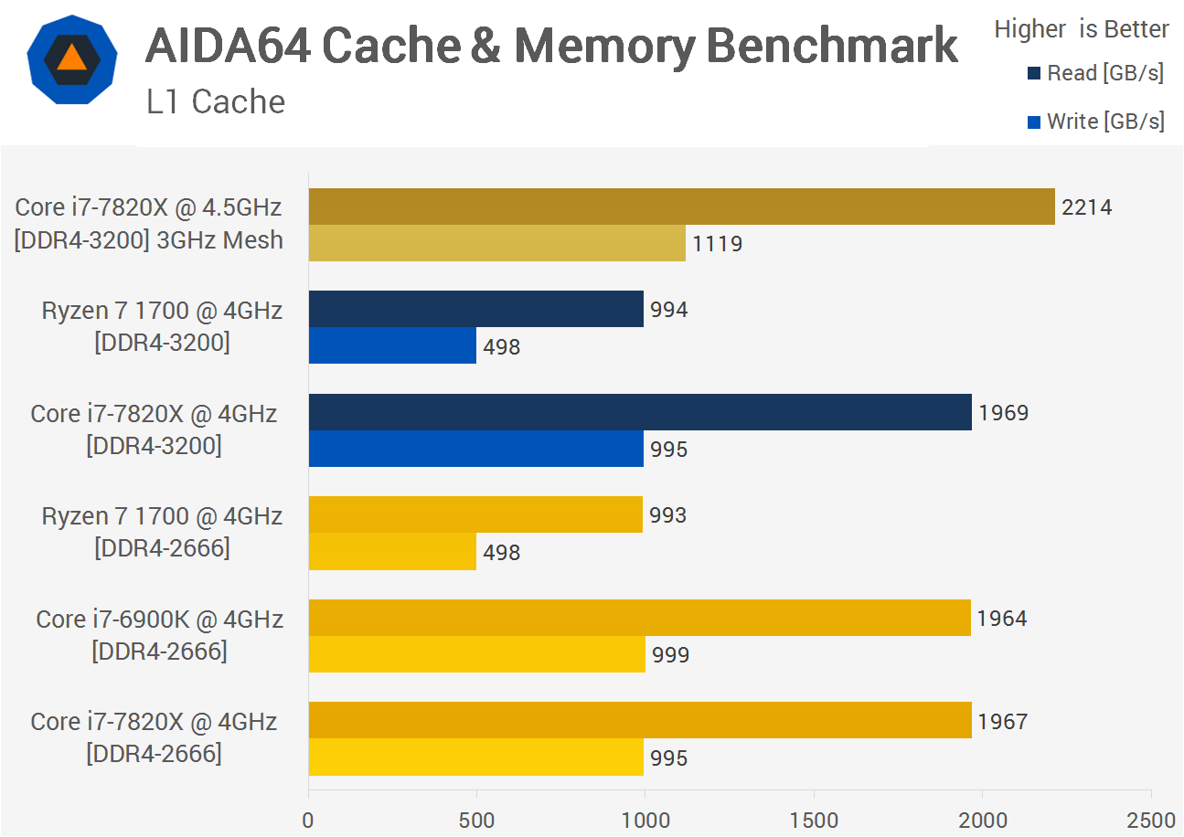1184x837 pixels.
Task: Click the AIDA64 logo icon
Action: (x=72, y=59)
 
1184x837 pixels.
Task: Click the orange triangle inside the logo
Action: (x=72, y=58)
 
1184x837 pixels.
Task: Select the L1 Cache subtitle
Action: (x=216, y=101)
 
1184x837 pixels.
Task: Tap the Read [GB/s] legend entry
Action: (x=1095, y=73)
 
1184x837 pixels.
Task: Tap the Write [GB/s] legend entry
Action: (x=1095, y=122)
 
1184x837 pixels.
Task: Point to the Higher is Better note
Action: (x=1082, y=29)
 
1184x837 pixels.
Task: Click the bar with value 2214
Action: (x=681, y=207)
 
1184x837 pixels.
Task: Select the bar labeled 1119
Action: (x=496, y=243)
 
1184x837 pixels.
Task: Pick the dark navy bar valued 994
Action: (x=475, y=309)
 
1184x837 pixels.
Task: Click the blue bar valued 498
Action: (x=392, y=345)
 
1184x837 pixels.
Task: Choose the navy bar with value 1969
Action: (x=640, y=412)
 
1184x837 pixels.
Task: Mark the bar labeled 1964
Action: (x=640, y=618)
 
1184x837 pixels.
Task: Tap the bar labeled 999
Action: (x=476, y=654)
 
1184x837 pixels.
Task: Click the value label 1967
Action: (x=1002, y=721)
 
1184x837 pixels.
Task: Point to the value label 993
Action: (x=667, y=515)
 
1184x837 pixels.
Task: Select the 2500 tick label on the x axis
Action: (x=1151, y=820)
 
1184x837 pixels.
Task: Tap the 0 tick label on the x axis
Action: (x=308, y=820)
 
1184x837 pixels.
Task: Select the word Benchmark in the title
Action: (x=832, y=46)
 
